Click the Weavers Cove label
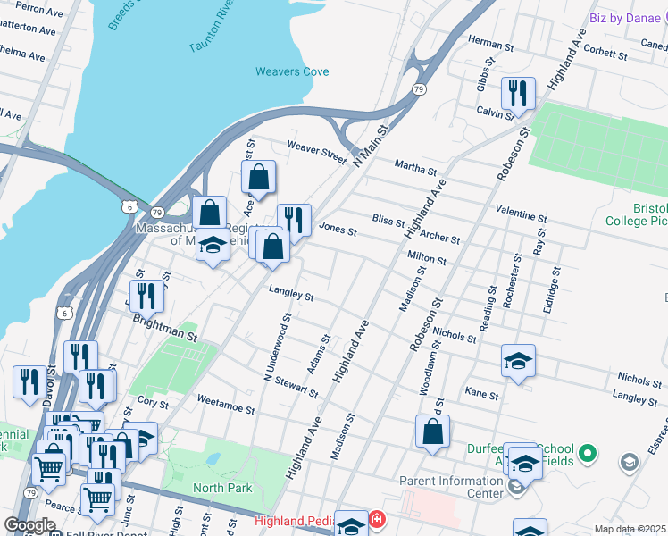[292, 71]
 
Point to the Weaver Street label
[316, 152]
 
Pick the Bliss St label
[388, 220]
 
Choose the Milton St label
[427, 257]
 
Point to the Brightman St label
[165, 326]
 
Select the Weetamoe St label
[225, 406]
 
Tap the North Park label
[223, 488]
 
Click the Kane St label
[481, 393]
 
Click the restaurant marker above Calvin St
[517, 92]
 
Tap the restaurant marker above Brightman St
[146, 295]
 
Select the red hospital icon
[378, 519]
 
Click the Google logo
[30, 525]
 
